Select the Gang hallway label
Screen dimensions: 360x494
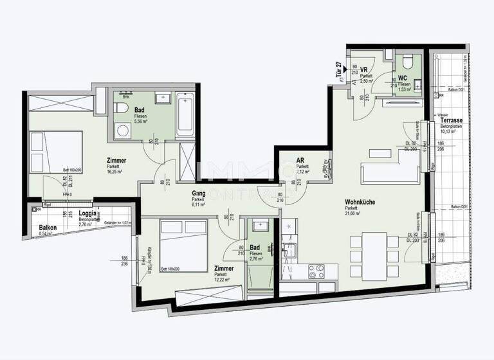pos(198,194)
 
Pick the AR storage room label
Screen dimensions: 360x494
pos(300,161)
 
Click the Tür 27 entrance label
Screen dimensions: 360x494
pos(338,69)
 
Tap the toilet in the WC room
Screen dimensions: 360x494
pos(406,63)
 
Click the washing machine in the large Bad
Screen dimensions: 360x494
pos(122,130)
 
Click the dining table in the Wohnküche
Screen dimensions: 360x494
pos(368,251)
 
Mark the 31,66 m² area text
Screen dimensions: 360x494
pos(354,214)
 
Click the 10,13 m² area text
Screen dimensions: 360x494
pos(449,133)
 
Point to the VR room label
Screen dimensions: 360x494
pos(363,70)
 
